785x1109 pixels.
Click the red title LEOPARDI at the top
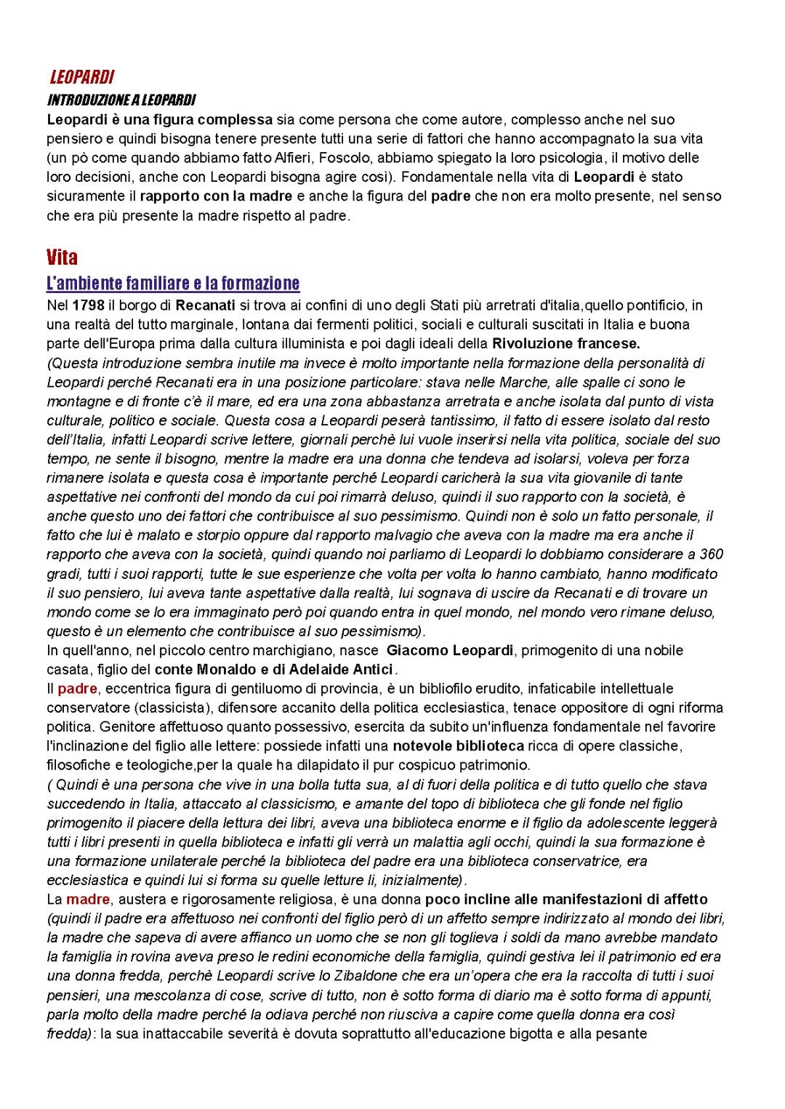(x=81, y=77)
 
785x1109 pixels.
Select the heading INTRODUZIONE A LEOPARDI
(x=121, y=99)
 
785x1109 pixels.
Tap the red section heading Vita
(x=62, y=257)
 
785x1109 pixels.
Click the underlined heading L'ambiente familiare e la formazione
(x=173, y=283)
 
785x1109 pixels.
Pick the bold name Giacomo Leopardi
(x=450, y=650)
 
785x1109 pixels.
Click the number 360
(x=709, y=554)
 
